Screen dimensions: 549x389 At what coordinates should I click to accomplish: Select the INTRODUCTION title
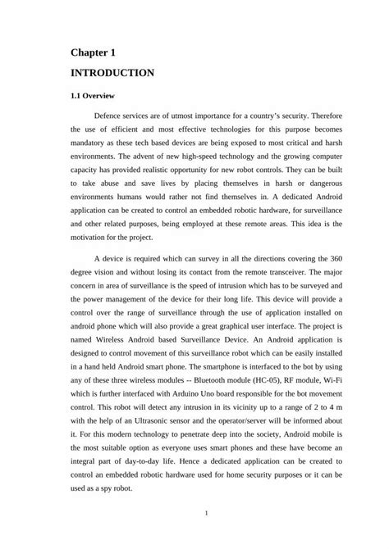[x=112, y=73]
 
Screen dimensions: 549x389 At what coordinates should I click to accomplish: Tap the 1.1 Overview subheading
[x=92, y=96]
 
